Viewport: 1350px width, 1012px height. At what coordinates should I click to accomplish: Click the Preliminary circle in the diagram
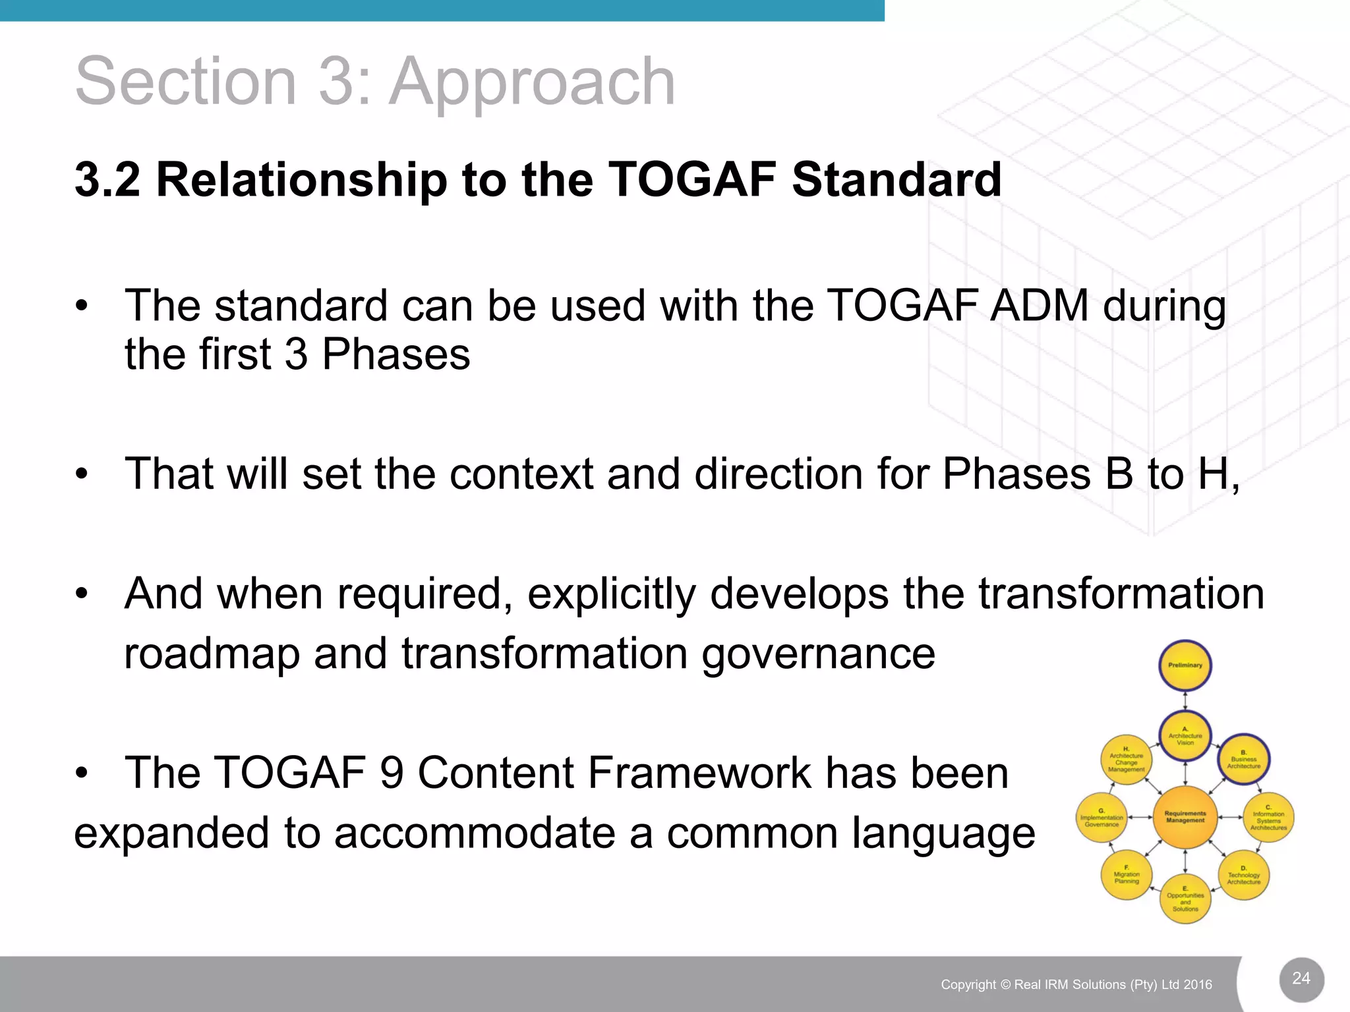click(1185, 665)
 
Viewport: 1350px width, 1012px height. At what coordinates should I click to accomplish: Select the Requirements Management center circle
click(1185, 817)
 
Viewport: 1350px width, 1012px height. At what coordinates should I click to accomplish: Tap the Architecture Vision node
click(1185, 736)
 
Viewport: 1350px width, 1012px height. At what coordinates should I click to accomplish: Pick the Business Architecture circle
click(1244, 760)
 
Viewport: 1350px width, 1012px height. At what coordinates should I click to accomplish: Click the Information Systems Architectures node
click(1268, 818)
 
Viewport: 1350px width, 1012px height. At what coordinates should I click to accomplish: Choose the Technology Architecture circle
click(1243, 876)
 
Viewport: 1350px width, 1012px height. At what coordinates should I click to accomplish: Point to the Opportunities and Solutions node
click(1185, 899)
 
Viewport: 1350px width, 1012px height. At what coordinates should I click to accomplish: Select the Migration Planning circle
click(1127, 875)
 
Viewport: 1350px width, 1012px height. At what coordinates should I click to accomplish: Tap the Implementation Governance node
click(1102, 818)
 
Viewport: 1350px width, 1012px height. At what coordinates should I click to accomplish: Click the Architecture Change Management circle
click(1127, 760)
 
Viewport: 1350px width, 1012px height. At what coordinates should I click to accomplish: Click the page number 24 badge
click(1301, 978)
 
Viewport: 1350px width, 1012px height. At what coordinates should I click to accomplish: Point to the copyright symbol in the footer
click(1005, 985)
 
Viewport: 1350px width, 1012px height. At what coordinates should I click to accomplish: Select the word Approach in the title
click(532, 82)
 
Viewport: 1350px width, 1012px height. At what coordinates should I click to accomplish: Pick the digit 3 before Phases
click(296, 354)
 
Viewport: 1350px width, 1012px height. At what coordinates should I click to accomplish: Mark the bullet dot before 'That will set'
click(81, 474)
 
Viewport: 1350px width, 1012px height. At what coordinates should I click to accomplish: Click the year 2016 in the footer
click(1197, 985)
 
